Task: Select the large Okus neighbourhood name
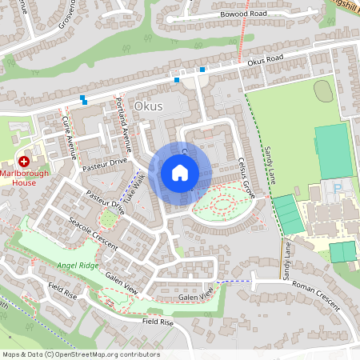click(x=148, y=106)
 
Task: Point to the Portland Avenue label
click(x=124, y=123)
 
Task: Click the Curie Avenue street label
click(x=69, y=135)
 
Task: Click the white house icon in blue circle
click(x=180, y=172)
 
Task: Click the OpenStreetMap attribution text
click(x=81, y=354)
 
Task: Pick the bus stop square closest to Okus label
click(x=176, y=79)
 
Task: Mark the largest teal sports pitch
click(x=334, y=150)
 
